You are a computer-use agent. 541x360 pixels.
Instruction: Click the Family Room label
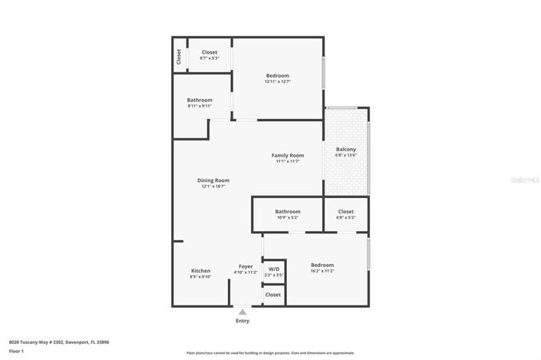(x=288, y=155)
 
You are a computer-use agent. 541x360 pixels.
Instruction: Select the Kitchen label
(x=200, y=270)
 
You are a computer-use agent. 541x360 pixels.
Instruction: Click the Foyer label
(x=246, y=266)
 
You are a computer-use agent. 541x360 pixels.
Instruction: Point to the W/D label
(x=274, y=269)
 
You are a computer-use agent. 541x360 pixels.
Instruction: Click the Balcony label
(x=346, y=149)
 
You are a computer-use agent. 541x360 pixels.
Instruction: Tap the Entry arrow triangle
(x=242, y=312)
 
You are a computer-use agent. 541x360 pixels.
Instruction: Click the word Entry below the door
(x=242, y=321)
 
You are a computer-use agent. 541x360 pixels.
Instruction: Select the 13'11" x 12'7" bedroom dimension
(x=278, y=81)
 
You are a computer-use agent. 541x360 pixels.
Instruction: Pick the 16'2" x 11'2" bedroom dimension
(x=322, y=271)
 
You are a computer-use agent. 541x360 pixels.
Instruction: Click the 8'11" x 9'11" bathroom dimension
(x=200, y=106)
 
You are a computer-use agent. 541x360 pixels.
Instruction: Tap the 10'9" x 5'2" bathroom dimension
(x=288, y=217)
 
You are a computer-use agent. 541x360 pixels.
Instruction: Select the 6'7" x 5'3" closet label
(x=209, y=58)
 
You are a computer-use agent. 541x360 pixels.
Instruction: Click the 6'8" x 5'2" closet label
(x=346, y=217)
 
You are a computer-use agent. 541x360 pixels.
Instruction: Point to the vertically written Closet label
(x=179, y=56)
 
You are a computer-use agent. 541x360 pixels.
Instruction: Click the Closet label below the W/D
(x=273, y=294)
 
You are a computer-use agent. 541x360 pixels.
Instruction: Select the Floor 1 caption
(x=17, y=351)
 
